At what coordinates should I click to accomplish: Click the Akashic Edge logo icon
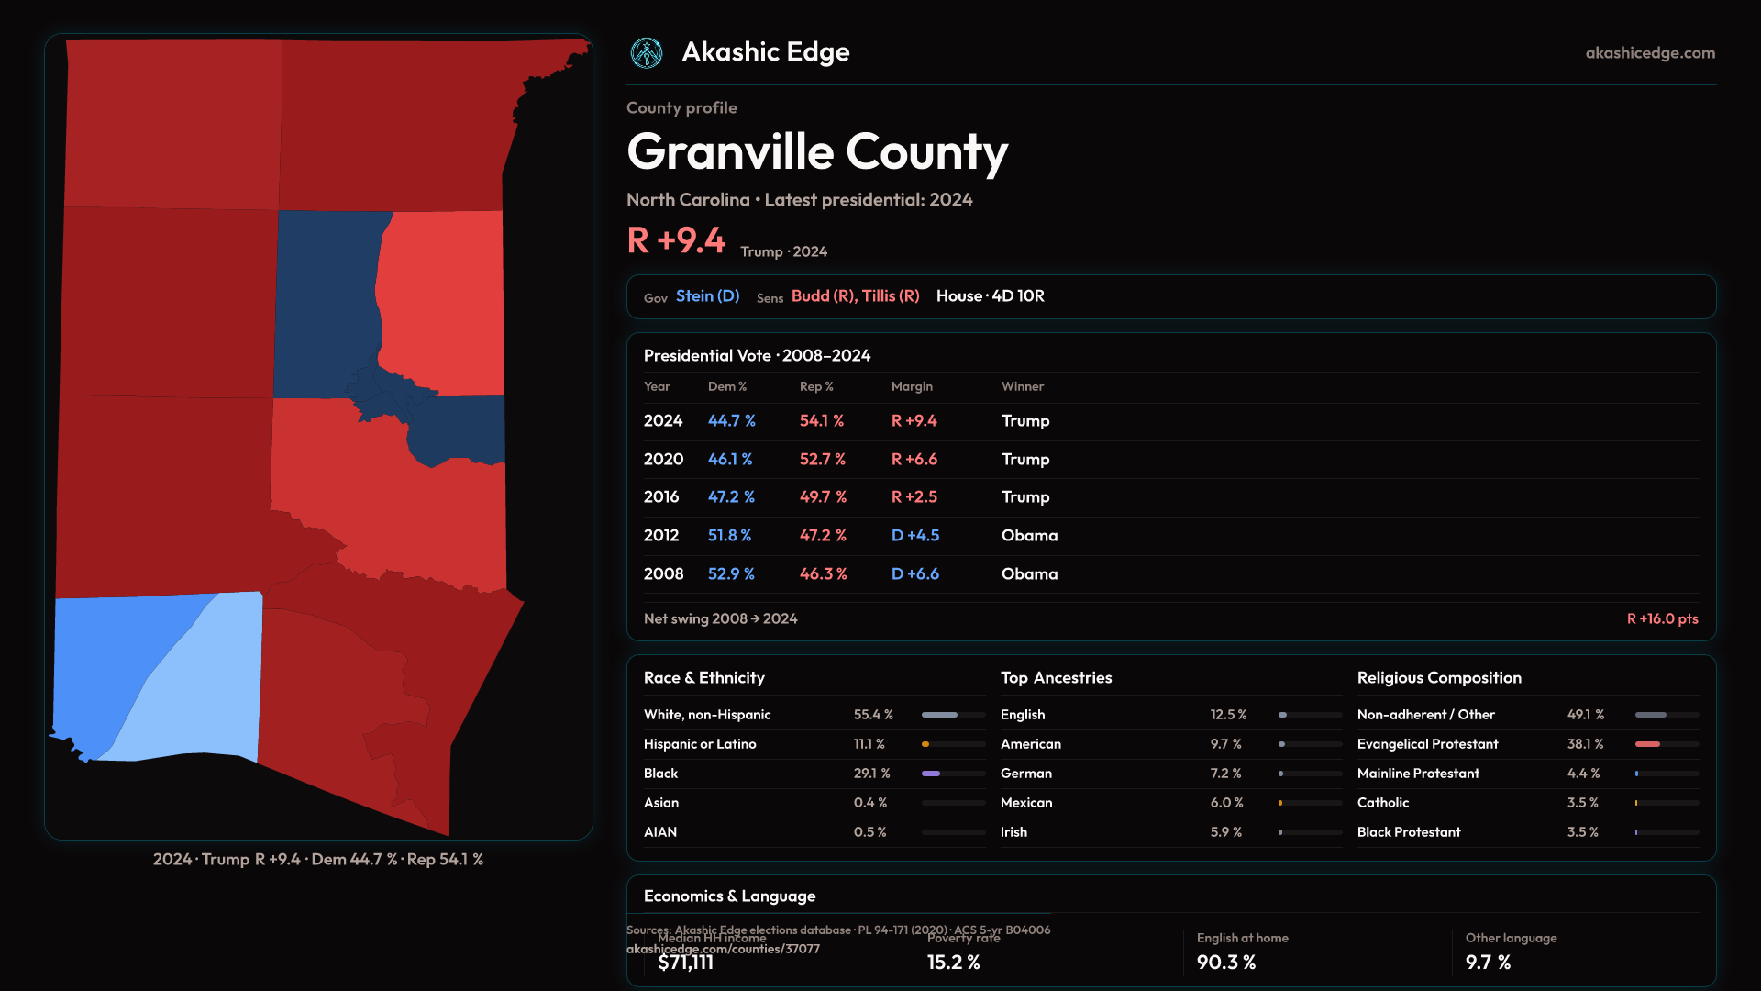coord(647,53)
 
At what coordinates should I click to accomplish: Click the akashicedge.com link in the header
coord(1650,53)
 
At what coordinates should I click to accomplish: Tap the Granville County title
coord(817,152)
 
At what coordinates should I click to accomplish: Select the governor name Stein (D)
coord(707,296)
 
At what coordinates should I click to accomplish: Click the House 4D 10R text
coord(990,296)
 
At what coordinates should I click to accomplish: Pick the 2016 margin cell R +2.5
coord(914,497)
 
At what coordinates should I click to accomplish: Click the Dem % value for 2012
coord(729,536)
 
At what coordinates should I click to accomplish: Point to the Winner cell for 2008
coord(1029,574)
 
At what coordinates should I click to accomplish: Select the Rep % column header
coord(816,387)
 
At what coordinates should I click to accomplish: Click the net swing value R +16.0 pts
coord(1662,619)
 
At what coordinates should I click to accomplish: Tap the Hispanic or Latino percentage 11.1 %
coord(869,744)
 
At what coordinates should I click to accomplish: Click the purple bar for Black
coord(931,774)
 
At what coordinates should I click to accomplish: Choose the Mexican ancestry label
coord(1026,803)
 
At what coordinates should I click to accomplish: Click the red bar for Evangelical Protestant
coord(1647,744)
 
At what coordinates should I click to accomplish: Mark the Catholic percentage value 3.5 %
coord(1582,803)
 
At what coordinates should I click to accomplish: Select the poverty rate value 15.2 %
coord(953,963)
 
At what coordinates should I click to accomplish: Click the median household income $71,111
coord(685,963)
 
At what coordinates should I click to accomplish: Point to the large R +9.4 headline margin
coord(676,241)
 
